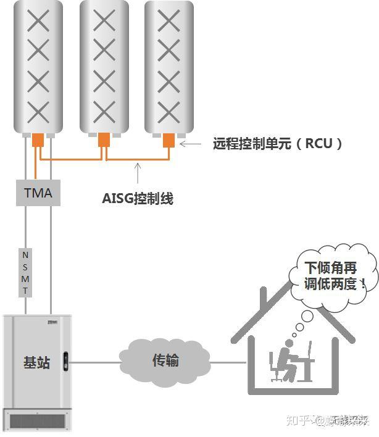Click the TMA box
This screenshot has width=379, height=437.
click(x=38, y=193)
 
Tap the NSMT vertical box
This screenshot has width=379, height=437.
click(x=25, y=272)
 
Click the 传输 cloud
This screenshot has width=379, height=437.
click(x=165, y=360)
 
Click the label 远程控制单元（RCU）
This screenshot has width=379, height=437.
click(x=278, y=144)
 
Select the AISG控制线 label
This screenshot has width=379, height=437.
click(x=138, y=198)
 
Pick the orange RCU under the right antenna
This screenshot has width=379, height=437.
click(x=169, y=141)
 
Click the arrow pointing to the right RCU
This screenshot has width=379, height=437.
click(x=193, y=144)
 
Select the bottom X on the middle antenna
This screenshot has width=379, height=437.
click(x=104, y=113)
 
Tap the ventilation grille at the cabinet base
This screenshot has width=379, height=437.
click(x=37, y=421)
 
